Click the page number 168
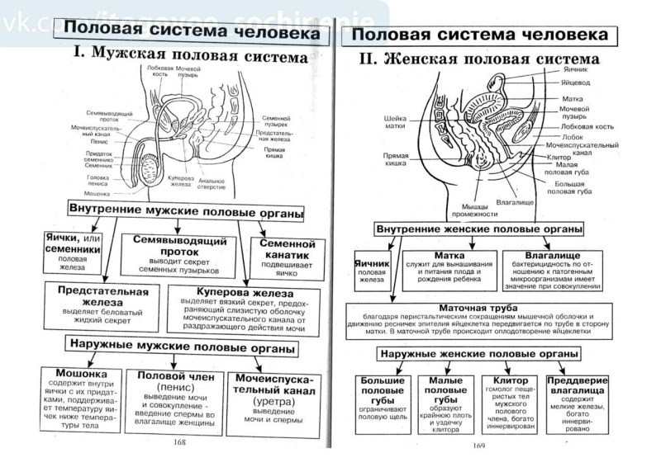(x=178, y=442)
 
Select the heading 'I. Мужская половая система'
(x=190, y=57)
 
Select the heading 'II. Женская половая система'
(x=491, y=59)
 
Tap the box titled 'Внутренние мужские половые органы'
(x=183, y=208)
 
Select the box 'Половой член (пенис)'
(x=176, y=400)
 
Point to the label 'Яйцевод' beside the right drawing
(x=576, y=83)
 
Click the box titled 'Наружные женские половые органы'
(x=479, y=353)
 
